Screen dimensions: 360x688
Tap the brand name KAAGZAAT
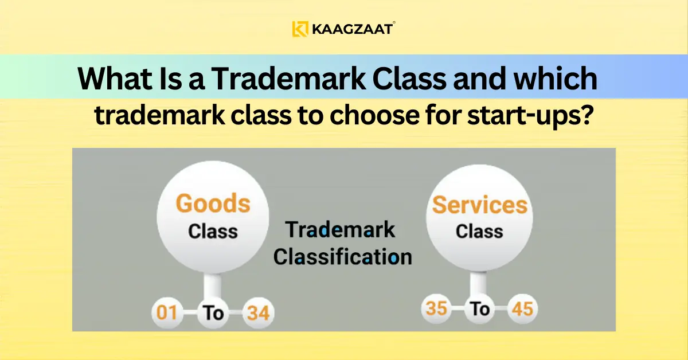[x=352, y=29]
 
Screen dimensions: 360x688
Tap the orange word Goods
[x=213, y=204]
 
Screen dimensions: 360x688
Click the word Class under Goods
[x=213, y=231]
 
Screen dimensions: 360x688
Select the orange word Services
[x=479, y=205]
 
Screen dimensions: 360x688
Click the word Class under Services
[x=479, y=231]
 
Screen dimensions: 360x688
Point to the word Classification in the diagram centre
[x=342, y=256]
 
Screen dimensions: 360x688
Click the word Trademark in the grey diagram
[x=341, y=229]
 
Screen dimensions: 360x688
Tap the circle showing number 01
[x=167, y=314]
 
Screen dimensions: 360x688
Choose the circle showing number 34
[x=257, y=314]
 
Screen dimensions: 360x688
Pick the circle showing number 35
[x=437, y=310]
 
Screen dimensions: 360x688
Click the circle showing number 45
[x=522, y=310]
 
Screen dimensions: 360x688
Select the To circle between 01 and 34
[x=213, y=314]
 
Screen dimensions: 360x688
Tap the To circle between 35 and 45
[x=479, y=310]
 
